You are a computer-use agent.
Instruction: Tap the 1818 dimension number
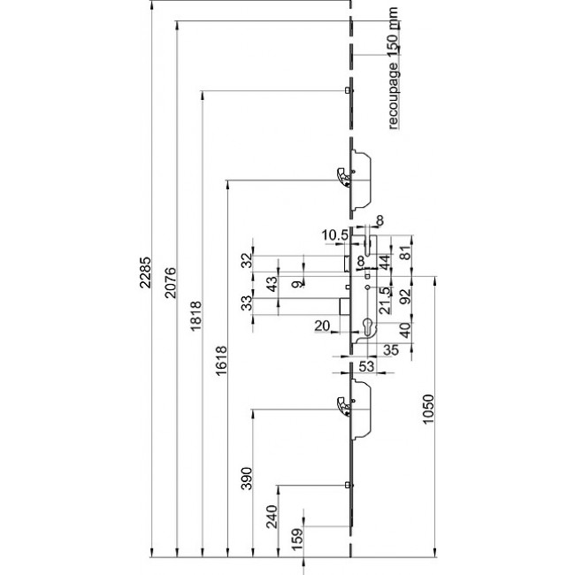[197, 317]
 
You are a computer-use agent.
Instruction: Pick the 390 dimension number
[248, 479]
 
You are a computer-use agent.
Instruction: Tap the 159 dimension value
[297, 537]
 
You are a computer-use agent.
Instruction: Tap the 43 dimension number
[272, 285]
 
